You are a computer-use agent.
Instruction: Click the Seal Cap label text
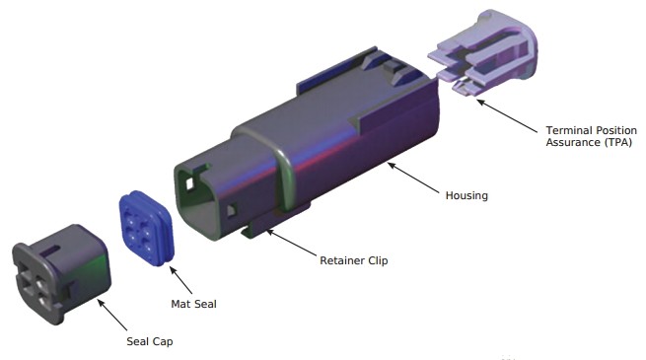click(150, 341)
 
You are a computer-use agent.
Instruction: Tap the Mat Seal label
click(193, 304)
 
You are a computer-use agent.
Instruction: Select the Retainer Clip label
click(354, 260)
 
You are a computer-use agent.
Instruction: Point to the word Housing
click(467, 195)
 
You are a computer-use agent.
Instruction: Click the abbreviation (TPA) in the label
click(618, 142)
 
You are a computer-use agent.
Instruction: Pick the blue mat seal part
click(147, 228)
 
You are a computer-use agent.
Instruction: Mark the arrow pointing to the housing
click(413, 178)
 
